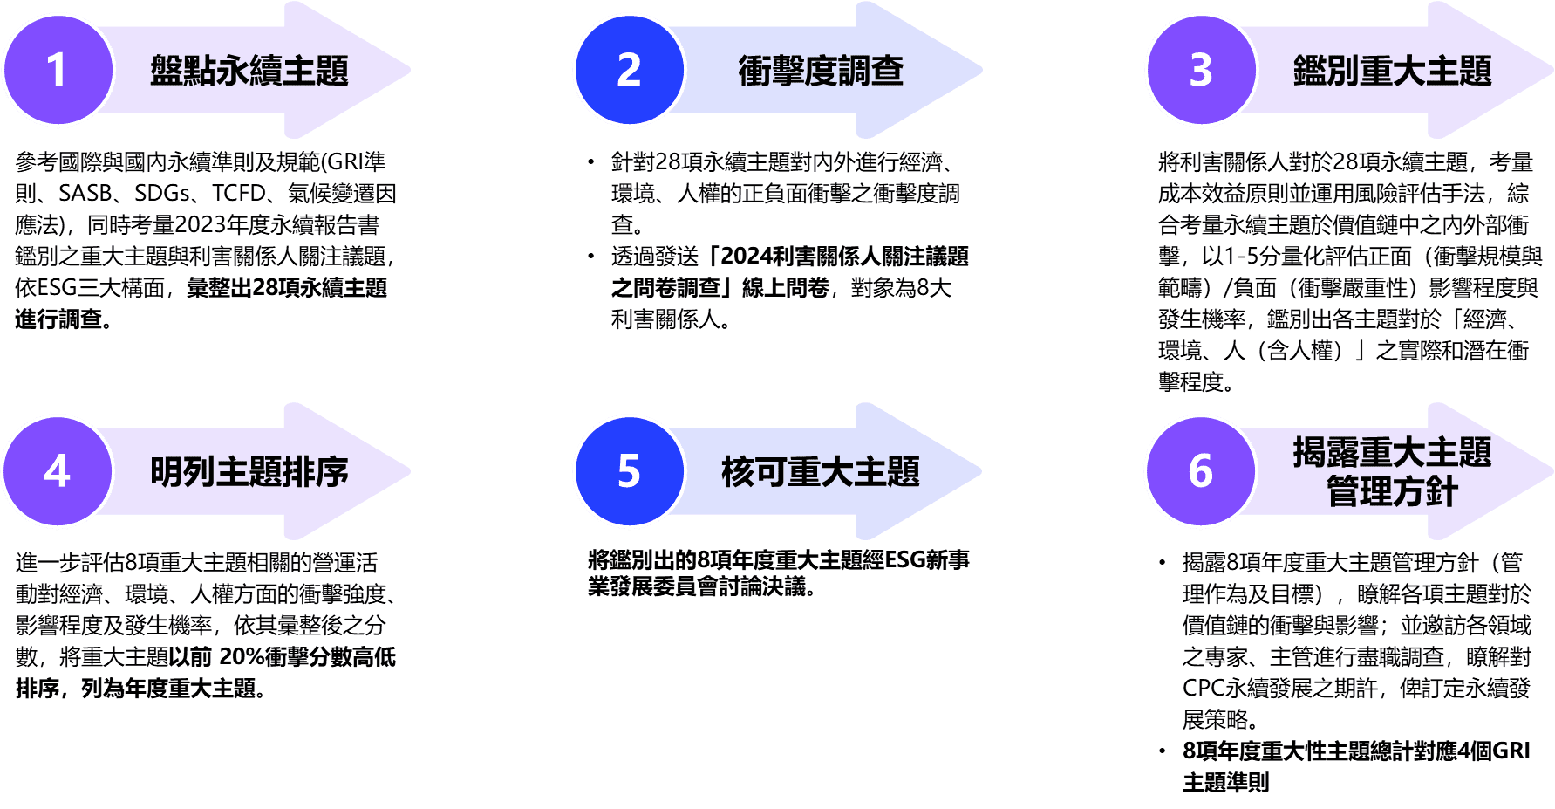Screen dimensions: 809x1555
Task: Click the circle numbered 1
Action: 58,70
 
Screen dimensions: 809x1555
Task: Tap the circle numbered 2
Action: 629,70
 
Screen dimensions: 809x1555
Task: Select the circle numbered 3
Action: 1201,70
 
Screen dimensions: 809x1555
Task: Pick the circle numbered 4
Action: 58,471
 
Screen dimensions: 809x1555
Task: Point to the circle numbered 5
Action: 629,471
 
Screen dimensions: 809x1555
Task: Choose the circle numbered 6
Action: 1201,471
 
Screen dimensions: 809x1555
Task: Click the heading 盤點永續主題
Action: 249,71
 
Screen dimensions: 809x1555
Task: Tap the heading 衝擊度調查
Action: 821,71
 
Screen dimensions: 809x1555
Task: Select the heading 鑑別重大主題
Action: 1392,71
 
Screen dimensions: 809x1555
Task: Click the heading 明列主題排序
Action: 249,472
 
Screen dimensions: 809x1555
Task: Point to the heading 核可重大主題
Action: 821,472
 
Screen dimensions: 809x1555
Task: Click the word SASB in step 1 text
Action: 85,193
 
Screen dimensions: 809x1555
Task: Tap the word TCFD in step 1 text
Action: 238,193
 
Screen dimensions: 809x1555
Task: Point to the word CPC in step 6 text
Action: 1204,688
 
